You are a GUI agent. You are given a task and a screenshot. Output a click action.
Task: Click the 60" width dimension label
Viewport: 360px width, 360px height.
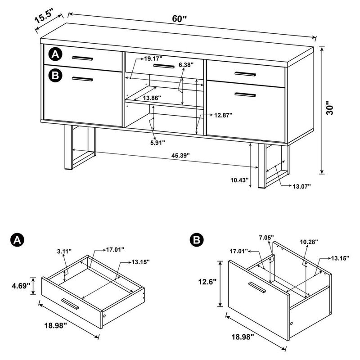[x=179, y=18]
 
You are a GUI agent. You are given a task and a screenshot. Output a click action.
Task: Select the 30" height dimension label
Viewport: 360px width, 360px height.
[x=332, y=108]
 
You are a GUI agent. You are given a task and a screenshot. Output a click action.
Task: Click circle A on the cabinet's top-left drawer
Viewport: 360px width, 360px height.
[x=55, y=54]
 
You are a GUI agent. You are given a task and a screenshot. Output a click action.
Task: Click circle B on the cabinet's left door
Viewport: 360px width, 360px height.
[x=55, y=75]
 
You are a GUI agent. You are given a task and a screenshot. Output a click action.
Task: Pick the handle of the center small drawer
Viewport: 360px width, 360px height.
[x=163, y=66]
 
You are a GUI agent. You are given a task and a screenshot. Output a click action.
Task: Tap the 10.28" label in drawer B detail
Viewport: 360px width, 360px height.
[x=309, y=242]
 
